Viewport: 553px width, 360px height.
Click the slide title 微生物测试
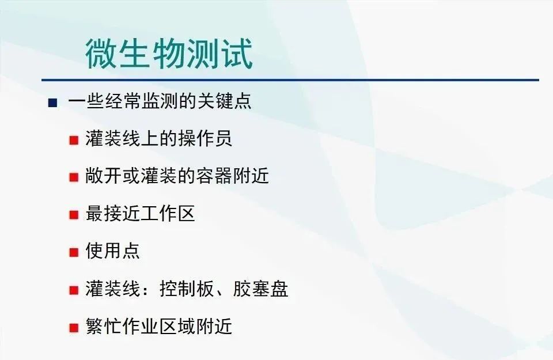(x=169, y=54)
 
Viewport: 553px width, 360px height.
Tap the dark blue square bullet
(x=52, y=103)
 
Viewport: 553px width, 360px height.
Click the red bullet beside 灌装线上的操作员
(x=74, y=140)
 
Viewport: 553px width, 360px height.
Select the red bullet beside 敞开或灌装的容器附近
(x=74, y=177)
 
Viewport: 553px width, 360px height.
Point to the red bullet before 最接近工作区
(x=74, y=214)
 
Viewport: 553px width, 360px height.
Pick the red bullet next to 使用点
(x=74, y=252)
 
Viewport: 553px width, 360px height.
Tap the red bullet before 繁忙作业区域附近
(x=74, y=328)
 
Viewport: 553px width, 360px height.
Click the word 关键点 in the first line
(x=224, y=101)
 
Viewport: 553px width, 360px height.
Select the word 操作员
(x=205, y=138)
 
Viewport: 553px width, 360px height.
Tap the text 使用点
(x=112, y=251)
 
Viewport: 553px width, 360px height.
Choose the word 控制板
(x=187, y=289)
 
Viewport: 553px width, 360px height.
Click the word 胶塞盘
(x=260, y=289)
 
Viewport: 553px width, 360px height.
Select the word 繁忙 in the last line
(x=104, y=326)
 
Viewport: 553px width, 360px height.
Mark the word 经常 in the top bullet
(x=122, y=101)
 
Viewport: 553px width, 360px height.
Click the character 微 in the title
(x=101, y=54)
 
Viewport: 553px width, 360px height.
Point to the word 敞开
(x=104, y=175)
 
